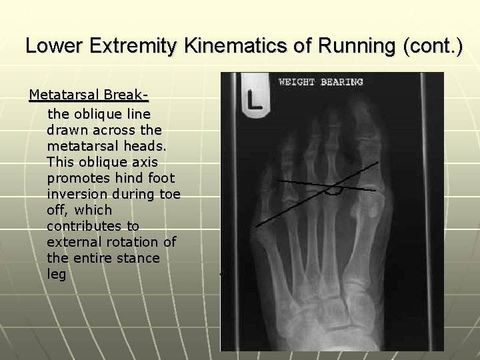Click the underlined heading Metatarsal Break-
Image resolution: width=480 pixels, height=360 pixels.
point(89,97)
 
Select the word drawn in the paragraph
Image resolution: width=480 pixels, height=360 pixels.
point(68,129)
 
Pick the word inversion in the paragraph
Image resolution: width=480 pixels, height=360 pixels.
point(78,193)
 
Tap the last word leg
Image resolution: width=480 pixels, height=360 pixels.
point(57,274)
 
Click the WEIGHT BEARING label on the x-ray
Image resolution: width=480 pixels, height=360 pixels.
point(321,82)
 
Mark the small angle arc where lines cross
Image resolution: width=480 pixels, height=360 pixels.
point(333,191)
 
